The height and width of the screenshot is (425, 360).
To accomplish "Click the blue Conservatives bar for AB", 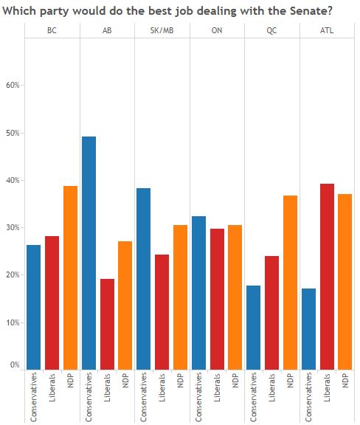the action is click(89, 253).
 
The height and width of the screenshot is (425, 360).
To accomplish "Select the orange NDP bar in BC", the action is click(71, 277).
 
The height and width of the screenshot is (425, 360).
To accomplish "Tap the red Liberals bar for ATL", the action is click(327, 277).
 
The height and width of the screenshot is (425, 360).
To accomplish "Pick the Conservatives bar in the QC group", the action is click(254, 328).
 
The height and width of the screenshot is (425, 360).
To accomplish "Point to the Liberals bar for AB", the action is click(108, 324).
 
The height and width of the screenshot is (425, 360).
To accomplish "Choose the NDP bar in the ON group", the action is click(235, 297).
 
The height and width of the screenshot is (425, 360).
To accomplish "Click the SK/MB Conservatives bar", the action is click(144, 279).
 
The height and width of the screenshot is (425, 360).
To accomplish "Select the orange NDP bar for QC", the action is click(291, 283).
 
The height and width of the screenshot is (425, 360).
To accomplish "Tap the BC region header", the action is click(52, 30).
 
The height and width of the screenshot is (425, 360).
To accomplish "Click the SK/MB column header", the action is click(162, 30).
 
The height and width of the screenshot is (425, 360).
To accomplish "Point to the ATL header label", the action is click(327, 30).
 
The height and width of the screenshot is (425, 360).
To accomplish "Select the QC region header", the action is click(271, 30).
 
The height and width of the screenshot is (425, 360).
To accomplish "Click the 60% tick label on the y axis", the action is click(13, 85).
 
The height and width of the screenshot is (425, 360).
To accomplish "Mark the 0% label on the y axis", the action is click(15, 364).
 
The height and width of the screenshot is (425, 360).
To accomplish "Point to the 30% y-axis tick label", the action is click(13, 227).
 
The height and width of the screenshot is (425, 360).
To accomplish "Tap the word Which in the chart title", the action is click(19, 11).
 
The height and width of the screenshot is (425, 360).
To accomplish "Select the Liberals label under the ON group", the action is click(217, 387).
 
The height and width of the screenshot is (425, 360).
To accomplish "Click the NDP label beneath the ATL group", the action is click(345, 380).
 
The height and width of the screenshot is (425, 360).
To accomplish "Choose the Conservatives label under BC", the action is click(34, 398).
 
